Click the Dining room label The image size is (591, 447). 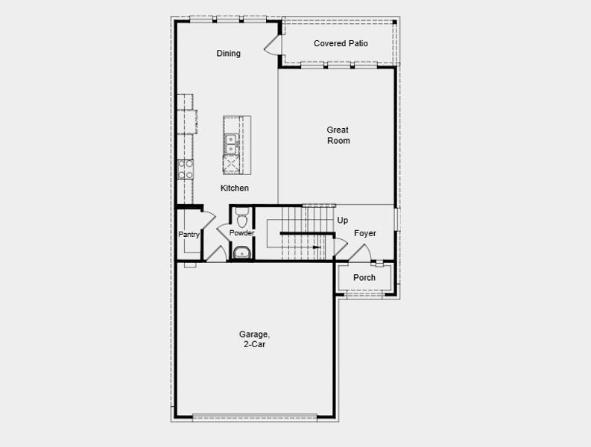(229, 54)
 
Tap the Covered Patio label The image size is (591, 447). (341, 44)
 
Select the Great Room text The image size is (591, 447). (338, 136)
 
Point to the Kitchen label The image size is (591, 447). (234, 188)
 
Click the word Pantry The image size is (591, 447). (189, 235)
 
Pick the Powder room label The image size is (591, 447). (241, 233)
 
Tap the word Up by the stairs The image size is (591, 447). (343, 221)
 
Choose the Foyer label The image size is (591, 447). (365, 234)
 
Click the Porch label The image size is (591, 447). (364, 278)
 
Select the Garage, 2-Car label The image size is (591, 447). (253, 340)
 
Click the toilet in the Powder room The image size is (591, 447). (241, 218)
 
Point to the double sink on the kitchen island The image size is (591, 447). (231, 143)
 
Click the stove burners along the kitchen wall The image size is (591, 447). (186, 169)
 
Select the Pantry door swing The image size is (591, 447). (208, 219)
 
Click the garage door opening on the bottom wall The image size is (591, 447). (255, 416)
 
